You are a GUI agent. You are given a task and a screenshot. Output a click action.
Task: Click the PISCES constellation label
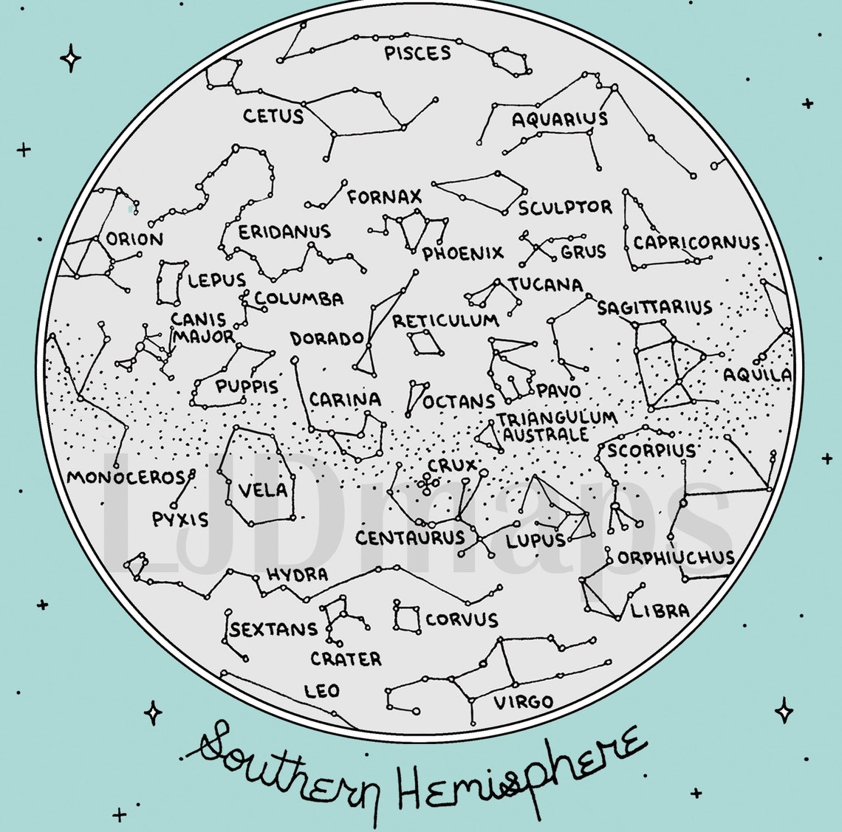pyautogui.click(x=417, y=53)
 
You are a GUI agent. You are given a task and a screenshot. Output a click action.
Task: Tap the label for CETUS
pyautogui.click(x=273, y=116)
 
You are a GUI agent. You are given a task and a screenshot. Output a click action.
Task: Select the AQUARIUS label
pyautogui.click(x=560, y=119)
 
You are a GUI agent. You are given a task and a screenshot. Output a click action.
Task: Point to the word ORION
pyautogui.click(x=134, y=239)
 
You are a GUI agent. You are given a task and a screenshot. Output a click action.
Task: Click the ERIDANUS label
pyautogui.click(x=284, y=232)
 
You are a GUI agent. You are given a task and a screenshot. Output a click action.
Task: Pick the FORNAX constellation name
pyautogui.click(x=384, y=197)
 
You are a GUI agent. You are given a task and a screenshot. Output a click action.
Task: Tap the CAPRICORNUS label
pyautogui.click(x=696, y=242)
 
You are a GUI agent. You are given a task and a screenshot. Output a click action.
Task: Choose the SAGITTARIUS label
pyautogui.click(x=654, y=307)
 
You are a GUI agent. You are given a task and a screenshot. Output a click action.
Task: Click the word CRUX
pyautogui.click(x=452, y=466)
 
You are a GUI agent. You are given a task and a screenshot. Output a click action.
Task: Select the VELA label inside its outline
pyautogui.click(x=262, y=489)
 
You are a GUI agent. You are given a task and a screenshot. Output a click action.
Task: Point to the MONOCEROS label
pyautogui.click(x=126, y=478)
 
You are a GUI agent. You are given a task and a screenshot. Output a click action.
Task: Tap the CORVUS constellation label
pyautogui.click(x=462, y=619)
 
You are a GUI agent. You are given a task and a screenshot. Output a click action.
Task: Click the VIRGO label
pyautogui.click(x=523, y=701)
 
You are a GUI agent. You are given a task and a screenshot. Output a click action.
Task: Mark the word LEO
pyautogui.click(x=322, y=691)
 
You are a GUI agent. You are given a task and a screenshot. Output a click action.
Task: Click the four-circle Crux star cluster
pyautogui.click(x=427, y=482)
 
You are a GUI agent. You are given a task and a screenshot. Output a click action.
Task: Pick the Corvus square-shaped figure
pyautogui.click(x=406, y=617)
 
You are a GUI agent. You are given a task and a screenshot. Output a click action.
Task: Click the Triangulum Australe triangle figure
pyautogui.click(x=490, y=438)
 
